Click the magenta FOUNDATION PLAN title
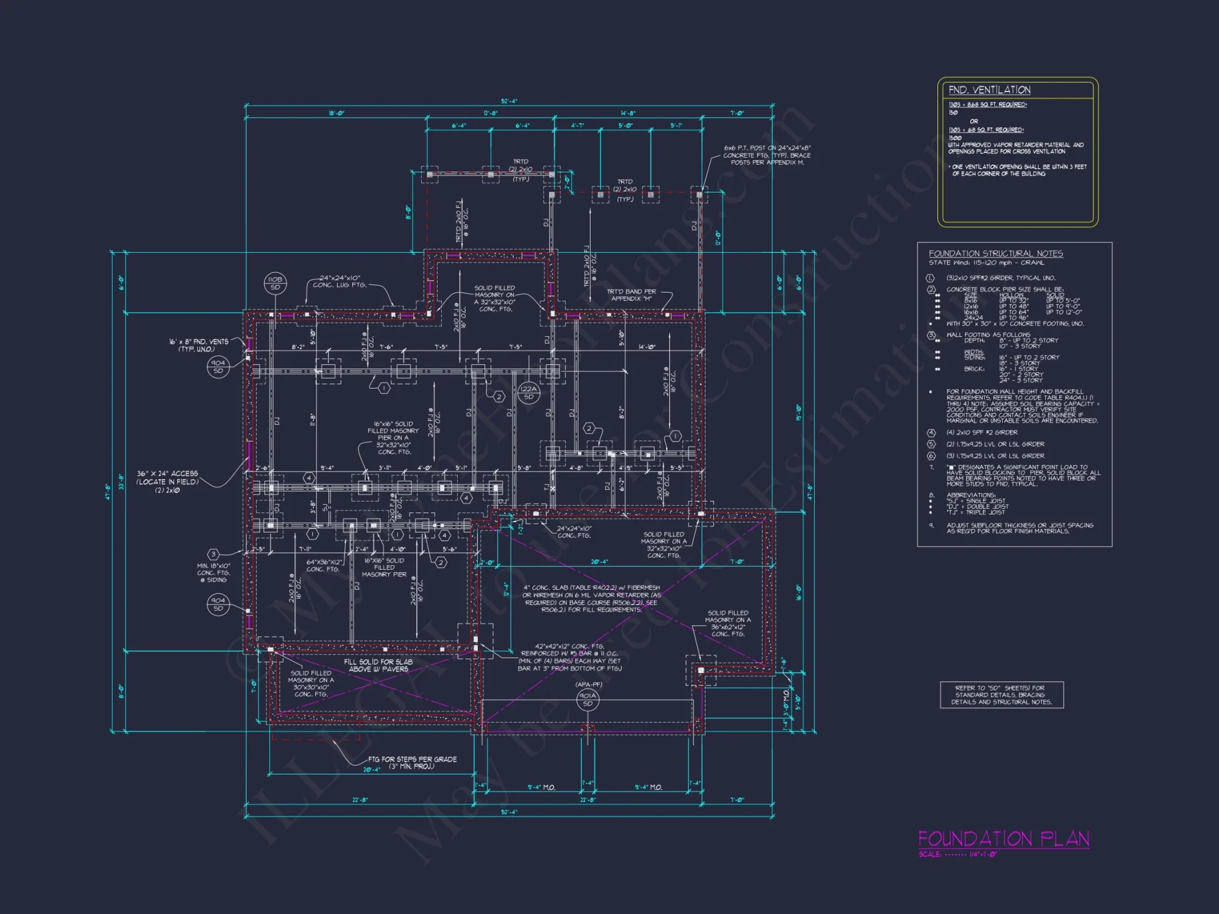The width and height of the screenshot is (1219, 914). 1003,839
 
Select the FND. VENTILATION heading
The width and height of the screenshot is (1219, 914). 989,90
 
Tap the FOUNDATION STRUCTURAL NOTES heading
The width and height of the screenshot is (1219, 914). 995,253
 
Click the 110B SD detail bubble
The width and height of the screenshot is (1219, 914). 275,283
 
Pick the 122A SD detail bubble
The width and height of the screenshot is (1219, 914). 528,392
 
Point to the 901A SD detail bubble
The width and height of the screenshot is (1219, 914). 588,700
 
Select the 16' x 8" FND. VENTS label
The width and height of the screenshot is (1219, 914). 198,345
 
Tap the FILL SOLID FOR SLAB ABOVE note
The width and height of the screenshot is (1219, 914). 378,665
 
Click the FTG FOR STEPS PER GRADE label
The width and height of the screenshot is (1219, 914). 412,762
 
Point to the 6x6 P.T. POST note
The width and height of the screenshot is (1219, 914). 767,155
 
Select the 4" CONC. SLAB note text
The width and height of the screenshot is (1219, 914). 591,598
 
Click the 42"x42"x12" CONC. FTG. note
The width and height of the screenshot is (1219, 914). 569,657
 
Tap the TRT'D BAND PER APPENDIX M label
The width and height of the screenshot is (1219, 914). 631,295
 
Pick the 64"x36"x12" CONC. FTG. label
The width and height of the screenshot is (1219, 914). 324,565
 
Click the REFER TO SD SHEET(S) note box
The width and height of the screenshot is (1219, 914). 1001,695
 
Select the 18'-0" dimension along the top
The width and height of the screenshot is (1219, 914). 336,113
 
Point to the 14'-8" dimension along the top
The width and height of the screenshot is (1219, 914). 628,113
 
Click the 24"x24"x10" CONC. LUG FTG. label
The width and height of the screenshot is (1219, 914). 340,282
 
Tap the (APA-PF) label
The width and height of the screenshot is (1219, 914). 588,684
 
